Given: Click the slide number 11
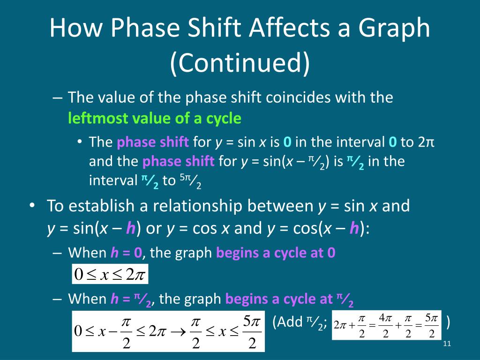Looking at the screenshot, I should pos(446,345).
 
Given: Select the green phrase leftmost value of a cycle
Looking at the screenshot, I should pos(155,119).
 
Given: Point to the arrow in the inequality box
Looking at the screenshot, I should pos(179,332).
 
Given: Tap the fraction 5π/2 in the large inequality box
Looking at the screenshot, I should pos(252,332).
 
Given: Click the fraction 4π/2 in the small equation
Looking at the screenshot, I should pos(385,326).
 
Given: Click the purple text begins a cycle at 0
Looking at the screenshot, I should pos(276,253).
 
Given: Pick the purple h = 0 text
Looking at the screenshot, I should pos(126,253).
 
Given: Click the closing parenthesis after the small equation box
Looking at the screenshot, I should pos(449,322).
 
